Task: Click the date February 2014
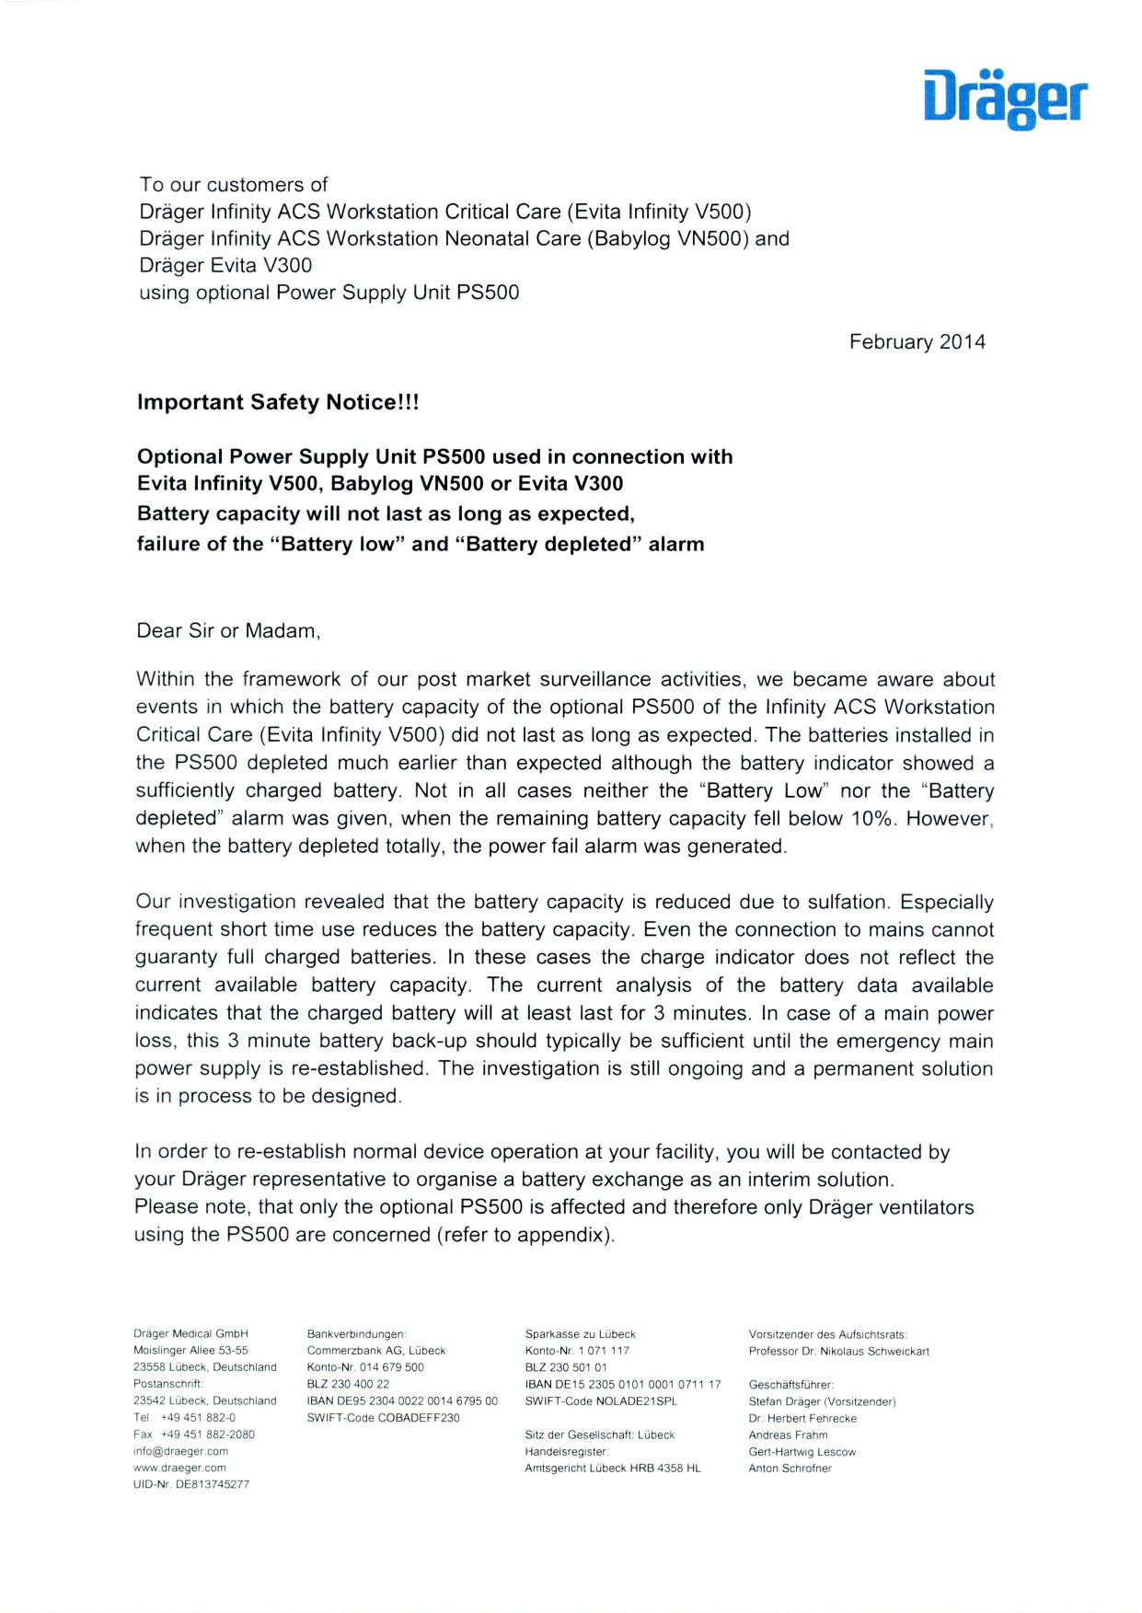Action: click(917, 342)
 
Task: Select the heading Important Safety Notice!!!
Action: click(278, 402)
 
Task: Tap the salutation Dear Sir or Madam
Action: click(227, 631)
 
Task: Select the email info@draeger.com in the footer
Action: click(180, 1451)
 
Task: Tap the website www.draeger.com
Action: click(179, 1468)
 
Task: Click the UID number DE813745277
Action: click(191, 1484)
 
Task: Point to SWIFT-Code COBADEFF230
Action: click(383, 1418)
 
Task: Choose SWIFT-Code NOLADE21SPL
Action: click(600, 1401)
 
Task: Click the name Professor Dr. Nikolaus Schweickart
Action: click(838, 1352)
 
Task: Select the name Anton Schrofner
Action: click(790, 1469)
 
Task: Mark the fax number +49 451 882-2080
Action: click(207, 1434)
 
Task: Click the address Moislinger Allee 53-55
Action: click(190, 1351)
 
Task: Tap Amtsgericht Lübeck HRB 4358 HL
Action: click(612, 1469)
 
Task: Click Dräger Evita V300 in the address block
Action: click(225, 266)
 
